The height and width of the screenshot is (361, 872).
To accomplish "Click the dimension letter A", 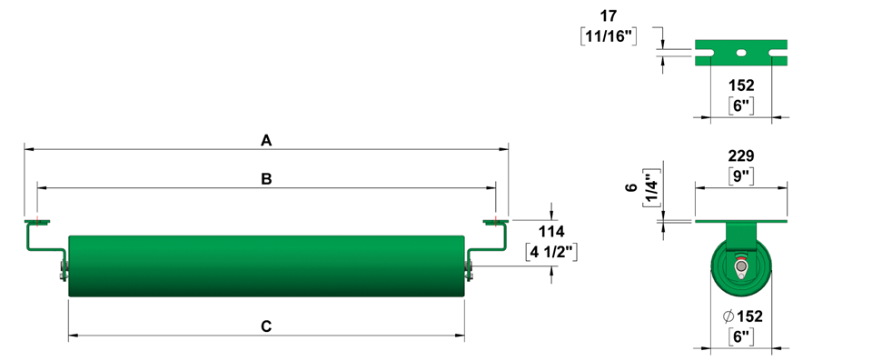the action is point(266,141).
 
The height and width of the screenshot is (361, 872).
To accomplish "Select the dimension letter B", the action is point(266,179).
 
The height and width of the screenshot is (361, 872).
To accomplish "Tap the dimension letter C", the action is point(266,326).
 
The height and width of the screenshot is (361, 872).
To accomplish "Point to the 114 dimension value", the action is point(551,231).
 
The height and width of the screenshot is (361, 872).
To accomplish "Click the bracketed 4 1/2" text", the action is point(552,252).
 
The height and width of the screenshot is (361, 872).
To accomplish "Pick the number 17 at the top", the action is point(609,15).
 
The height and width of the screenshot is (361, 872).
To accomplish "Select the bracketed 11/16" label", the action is point(609,35).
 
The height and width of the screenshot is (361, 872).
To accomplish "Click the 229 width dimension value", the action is point(741,156).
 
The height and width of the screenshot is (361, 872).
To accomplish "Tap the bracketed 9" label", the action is point(741,176).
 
